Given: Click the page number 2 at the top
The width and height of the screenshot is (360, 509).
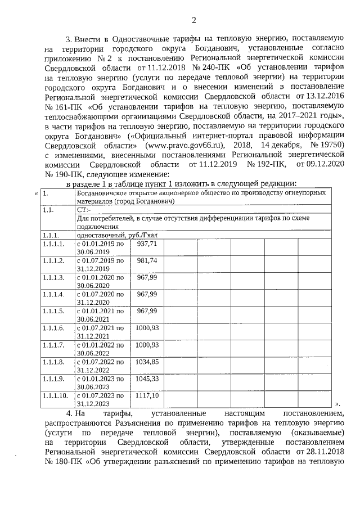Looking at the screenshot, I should point(194,21).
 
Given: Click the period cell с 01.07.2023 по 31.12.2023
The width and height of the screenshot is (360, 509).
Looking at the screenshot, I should point(100,399).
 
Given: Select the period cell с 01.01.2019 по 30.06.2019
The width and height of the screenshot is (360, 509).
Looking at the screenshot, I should point(100,263).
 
